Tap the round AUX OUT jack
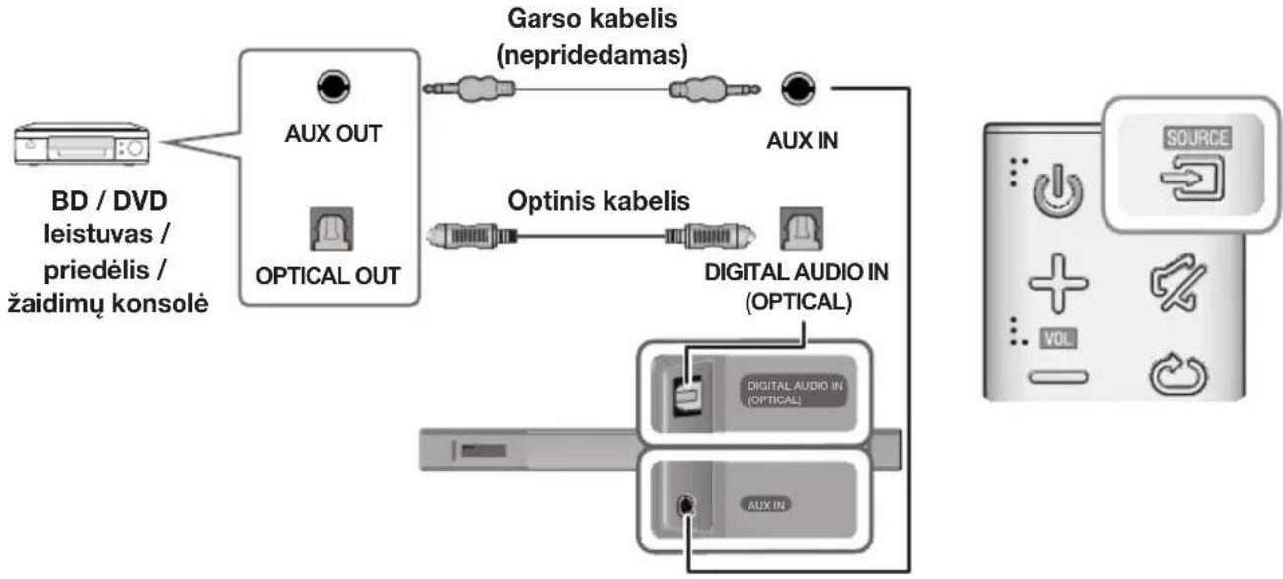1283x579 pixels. pyautogui.click(x=331, y=88)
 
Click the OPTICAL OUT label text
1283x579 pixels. pyautogui.click(x=329, y=276)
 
